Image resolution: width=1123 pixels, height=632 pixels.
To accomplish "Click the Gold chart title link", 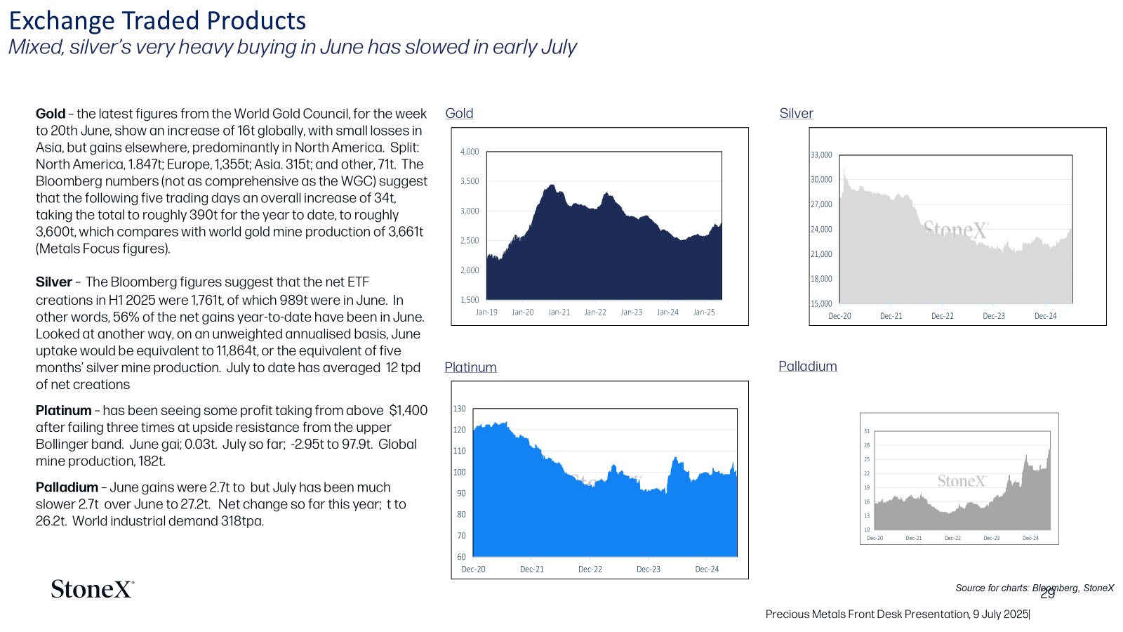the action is tap(459, 113).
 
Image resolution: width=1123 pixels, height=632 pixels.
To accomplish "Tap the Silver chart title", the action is tap(796, 113).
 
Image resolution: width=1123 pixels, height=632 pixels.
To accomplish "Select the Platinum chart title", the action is tap(470, 367).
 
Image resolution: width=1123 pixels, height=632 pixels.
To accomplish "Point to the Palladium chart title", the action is tap(807, 366).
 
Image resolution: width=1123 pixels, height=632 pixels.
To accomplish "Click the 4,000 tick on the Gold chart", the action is tap(470, 152).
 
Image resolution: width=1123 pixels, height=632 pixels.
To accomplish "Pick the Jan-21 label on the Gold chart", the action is tap(559, 312).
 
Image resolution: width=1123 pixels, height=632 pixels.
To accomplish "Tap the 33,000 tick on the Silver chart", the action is tap(821, 155).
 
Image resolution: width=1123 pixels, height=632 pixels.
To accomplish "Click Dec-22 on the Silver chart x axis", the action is tap(943, 316).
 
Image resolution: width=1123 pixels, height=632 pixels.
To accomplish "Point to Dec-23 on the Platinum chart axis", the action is tap(649, 570).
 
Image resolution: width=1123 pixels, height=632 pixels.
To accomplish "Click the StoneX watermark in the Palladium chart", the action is tap(962, 482).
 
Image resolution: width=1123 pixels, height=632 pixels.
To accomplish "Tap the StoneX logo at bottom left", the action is tap(93, 589).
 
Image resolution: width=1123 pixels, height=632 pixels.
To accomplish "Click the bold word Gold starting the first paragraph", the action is tap(50, 114).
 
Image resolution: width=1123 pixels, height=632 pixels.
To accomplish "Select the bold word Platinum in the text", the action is tap(63, 410).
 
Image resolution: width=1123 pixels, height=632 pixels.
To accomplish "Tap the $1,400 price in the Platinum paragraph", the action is tap(408, 410).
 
